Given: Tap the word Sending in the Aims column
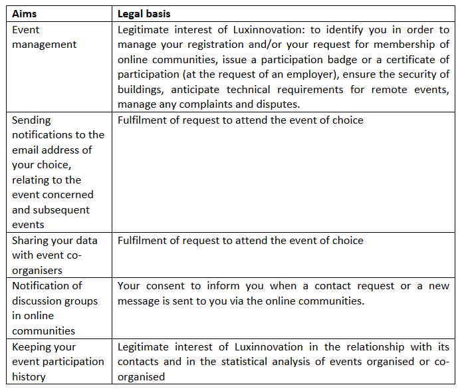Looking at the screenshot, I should pyautogui.click(x=31, y=120).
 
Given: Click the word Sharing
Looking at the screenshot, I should pyautogui.click(x=31, y=240).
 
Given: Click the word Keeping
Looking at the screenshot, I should pyautogui.click(x=33, y=346).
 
